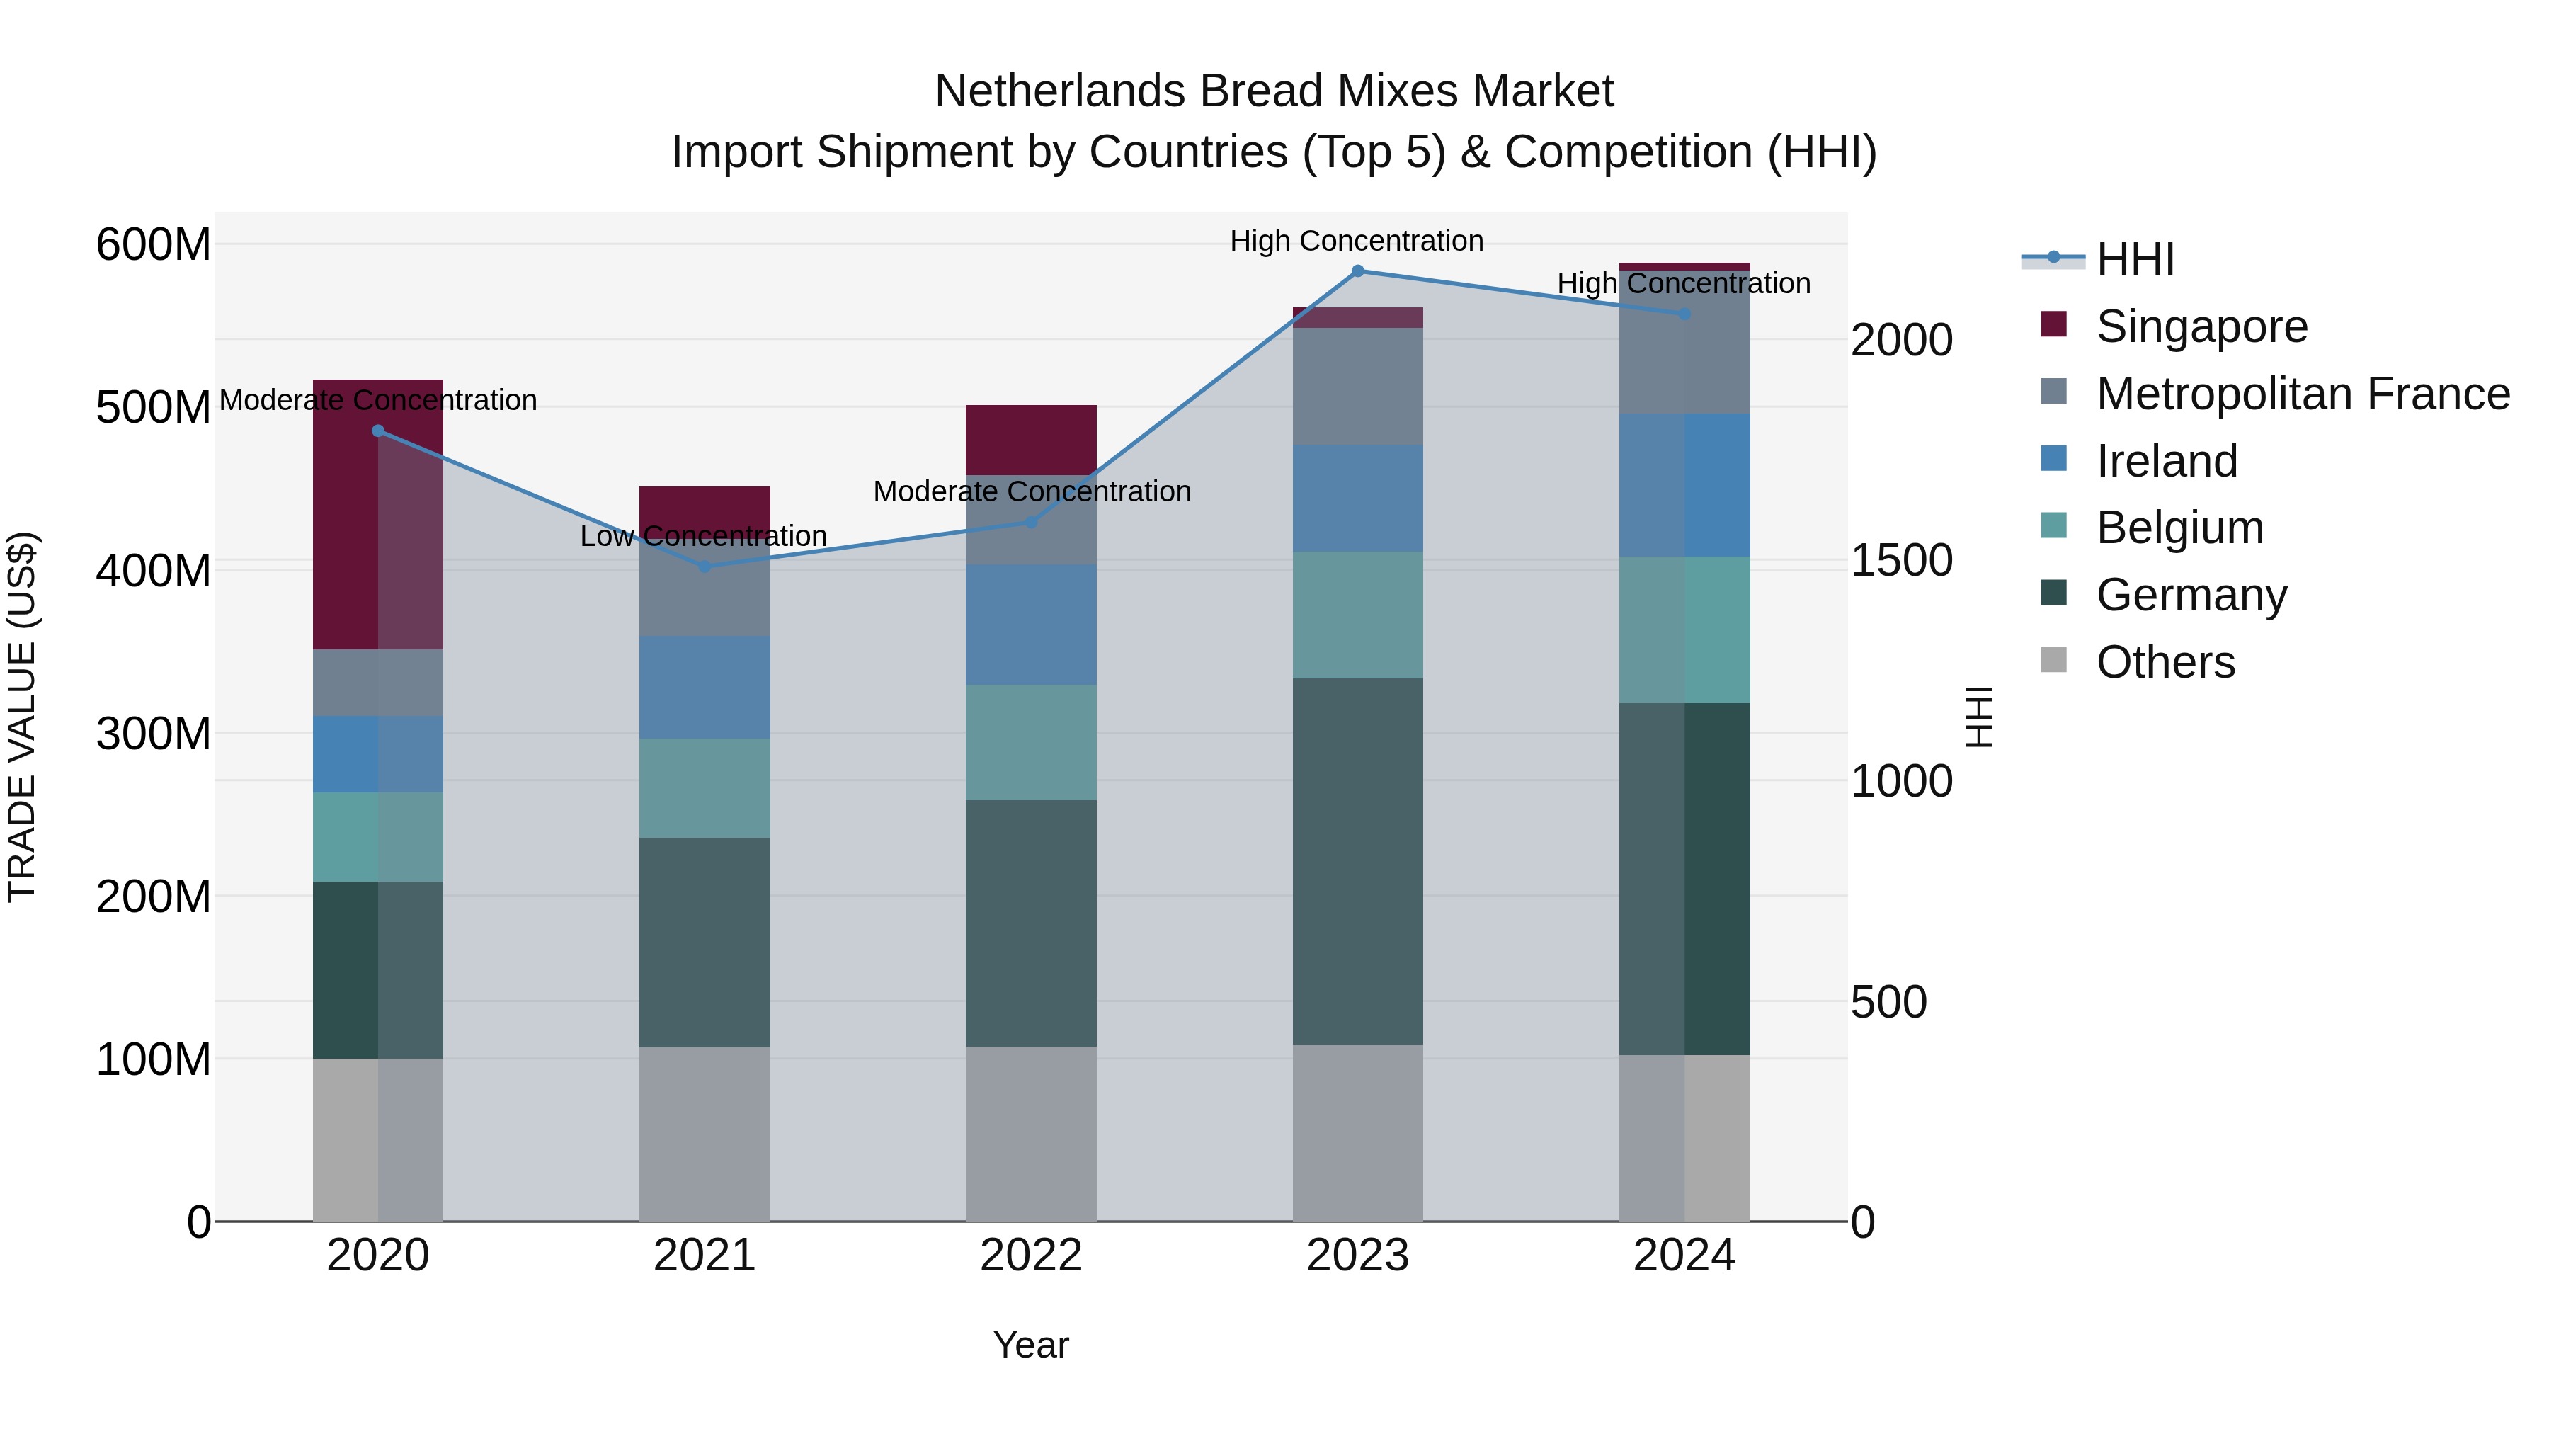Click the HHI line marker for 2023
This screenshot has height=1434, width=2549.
(x=1357, y=271)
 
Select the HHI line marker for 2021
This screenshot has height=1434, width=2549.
(x=705, y=566)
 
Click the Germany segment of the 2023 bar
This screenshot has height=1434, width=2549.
(x=1357, y=861)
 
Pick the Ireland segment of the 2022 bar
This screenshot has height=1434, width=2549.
(x=1031, y=625)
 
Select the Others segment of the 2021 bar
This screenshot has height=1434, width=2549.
(x=705, y=1134)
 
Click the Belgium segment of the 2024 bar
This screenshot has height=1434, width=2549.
(x=1684, y=630)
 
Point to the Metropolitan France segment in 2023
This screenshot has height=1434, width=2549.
(x=1357, y=387)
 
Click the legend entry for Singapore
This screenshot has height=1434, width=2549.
(x=2201, y=326)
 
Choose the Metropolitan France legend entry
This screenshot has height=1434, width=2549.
(x=2302, y=394)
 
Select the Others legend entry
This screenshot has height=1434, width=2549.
(x=2165, y=662)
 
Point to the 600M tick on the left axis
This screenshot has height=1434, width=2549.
(x=154, y=244)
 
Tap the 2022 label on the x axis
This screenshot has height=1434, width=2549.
(x=1031, y=1256)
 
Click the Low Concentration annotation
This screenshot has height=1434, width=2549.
(x=704, y=536)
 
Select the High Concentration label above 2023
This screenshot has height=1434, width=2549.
(x=1357, y=241)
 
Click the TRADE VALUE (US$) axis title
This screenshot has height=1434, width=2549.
(x=22, y=717)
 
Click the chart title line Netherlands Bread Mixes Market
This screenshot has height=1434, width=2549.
(x=1274, y=91)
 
